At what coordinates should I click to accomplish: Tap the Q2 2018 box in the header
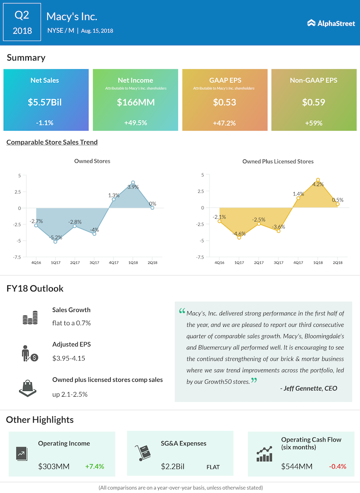coord(22,23)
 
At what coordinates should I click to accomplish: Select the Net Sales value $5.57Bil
coord(46,102)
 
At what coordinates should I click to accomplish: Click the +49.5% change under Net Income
coord(135,123)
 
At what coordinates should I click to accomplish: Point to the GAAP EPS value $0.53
coord(224,102)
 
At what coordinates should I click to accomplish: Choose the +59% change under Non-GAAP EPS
coord(313,123)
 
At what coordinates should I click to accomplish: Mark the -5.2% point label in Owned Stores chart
coord(56,237)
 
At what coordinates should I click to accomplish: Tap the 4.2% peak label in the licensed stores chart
coord(317,184)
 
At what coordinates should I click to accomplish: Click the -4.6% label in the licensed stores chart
coord(239,234)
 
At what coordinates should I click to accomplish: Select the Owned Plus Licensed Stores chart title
coord(278,161)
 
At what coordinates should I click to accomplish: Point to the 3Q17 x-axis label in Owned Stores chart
coord(94,262)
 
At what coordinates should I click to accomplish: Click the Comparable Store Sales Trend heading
coord(52,142)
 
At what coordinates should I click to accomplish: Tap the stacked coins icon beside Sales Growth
coord(30,318)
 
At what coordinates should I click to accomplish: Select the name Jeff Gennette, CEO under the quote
coord(309,388)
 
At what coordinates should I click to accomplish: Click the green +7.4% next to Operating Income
coord(94,466)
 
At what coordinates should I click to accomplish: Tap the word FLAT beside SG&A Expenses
coord(213,467)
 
